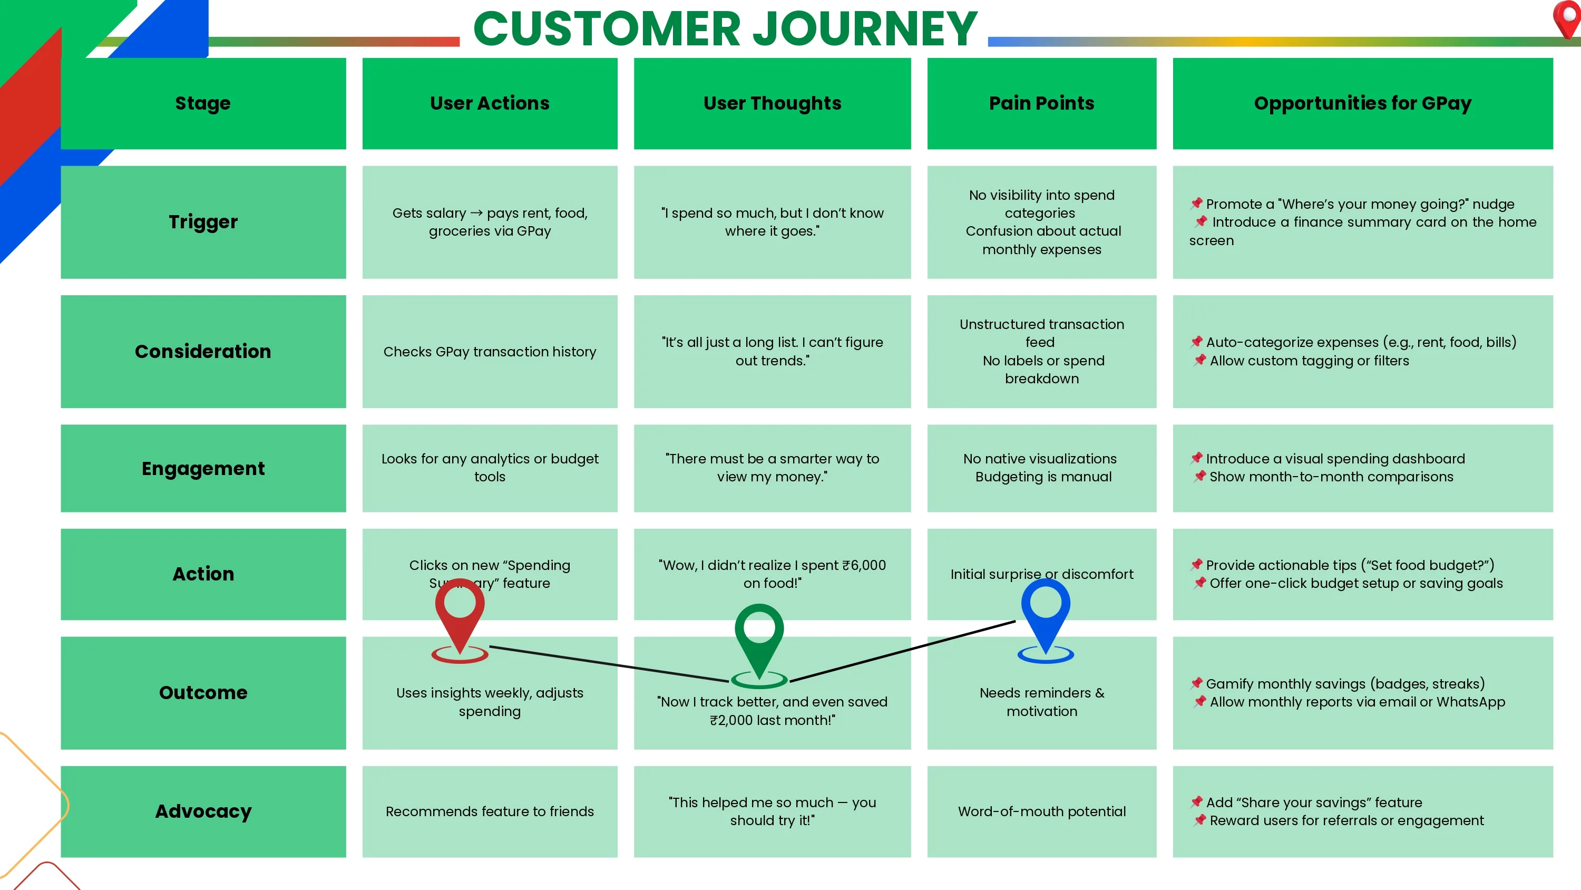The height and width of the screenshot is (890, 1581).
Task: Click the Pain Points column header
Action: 1041,103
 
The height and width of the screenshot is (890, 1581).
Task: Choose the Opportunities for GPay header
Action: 1362,103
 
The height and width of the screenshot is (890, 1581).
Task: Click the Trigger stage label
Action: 203,222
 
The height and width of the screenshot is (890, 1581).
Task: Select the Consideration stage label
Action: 203,351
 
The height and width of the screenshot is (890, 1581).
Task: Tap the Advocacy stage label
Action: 203,811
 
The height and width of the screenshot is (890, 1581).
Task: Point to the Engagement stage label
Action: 203,468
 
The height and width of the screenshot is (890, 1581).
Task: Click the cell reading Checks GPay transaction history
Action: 490,351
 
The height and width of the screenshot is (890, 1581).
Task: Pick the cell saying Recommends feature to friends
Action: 490,811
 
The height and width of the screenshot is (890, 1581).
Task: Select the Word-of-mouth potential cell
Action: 1041,811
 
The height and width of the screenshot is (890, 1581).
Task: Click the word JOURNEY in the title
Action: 865,28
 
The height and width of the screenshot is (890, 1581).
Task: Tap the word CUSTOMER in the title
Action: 607,28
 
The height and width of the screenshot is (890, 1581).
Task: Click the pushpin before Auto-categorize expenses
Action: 1196,342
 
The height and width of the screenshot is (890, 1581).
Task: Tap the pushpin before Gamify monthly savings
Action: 1196,683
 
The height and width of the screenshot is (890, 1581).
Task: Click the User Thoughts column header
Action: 772,103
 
